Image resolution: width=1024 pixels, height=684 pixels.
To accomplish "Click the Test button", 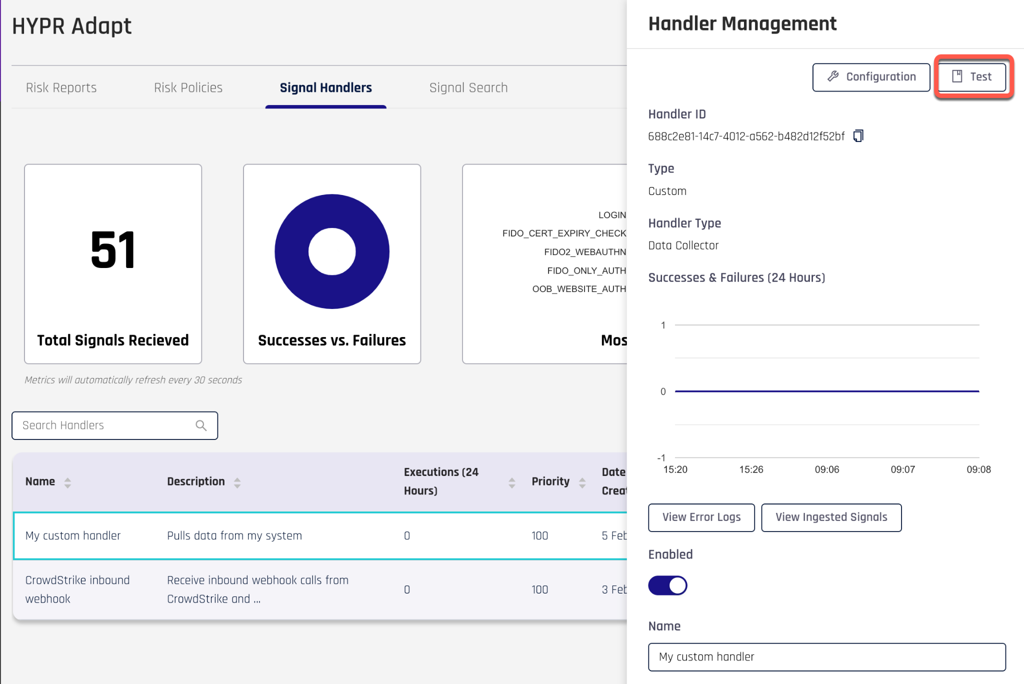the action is point(972,77).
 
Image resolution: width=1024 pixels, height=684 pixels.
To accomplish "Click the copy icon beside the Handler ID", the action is point(858,136).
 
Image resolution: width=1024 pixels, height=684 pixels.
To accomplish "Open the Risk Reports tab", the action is point(61,88).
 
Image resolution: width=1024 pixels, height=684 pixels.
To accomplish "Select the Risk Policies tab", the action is point(188,88).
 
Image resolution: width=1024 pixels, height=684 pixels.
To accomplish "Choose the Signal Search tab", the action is point(468,88).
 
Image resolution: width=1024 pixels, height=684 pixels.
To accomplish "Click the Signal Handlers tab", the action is point(325,88).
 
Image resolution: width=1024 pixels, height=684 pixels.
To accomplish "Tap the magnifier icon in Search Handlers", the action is point(201,425).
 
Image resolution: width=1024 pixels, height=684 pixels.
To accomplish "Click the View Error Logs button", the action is point(701,517).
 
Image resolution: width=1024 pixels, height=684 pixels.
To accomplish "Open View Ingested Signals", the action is point(831,517).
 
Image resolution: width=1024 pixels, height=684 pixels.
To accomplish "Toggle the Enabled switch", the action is point(667,585).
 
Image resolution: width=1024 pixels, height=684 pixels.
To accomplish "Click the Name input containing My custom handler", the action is point(827,657).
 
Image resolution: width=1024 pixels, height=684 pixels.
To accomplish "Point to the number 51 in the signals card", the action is point(113,250).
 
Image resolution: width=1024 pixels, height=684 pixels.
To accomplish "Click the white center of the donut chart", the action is point(332,251).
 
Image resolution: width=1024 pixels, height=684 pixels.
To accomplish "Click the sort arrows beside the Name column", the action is point(67,482).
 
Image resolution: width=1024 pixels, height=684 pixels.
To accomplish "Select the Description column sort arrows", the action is point(237,482).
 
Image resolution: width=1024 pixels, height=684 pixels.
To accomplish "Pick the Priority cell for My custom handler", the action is point(540,536).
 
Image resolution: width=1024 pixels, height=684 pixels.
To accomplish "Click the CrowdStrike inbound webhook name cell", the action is point(77,589).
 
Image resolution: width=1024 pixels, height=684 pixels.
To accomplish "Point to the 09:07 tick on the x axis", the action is point(902,469).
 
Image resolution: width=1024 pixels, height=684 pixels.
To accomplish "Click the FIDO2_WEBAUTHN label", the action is point(585,252).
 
